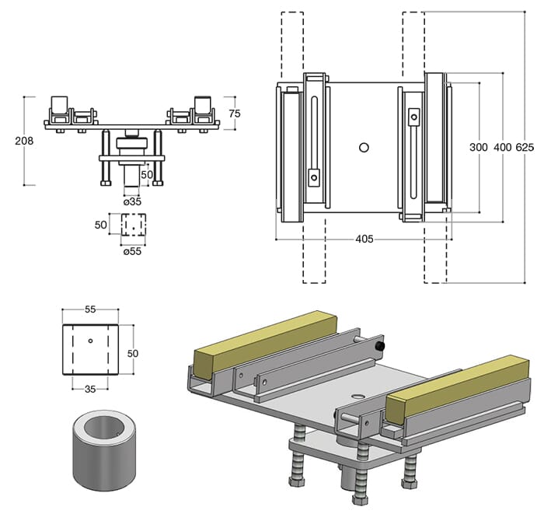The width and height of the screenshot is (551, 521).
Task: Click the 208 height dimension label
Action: click(24, 141)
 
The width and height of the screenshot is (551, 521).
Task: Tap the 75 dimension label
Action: click(235, 114)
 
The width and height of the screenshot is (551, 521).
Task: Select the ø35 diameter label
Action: click(132, 201)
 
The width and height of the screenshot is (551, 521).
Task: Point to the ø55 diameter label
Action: click(132, 251)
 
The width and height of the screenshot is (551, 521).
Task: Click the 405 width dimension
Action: click(364, 239)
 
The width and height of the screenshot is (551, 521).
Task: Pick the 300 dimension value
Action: click(479, 147)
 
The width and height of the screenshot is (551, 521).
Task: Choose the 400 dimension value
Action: click(503, 147)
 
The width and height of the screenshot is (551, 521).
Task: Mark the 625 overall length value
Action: click(525, 147)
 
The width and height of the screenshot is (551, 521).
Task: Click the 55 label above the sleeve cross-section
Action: click(90, 309)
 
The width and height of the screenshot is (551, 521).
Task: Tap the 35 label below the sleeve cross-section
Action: click(90, 389)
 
